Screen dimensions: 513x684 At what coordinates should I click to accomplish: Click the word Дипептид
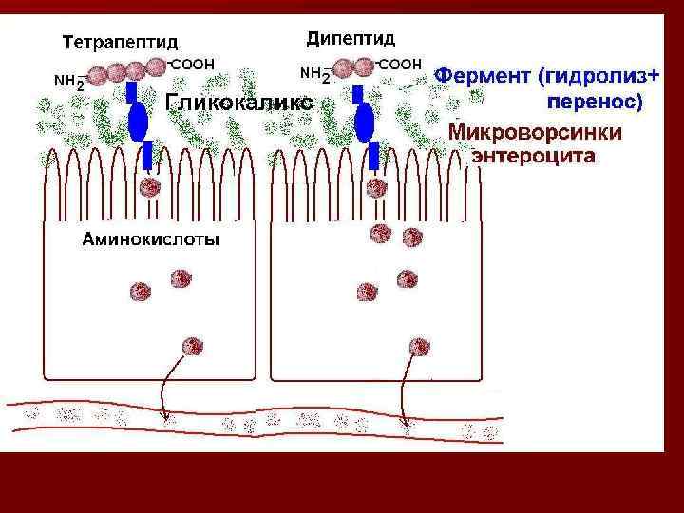click(x=351, y=39)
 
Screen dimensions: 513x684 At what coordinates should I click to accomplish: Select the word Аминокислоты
click(x=150, y=239)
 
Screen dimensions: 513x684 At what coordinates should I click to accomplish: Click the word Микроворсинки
click(x=536, y=132)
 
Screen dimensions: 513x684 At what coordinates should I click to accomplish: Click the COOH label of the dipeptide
click(x=400, y=64)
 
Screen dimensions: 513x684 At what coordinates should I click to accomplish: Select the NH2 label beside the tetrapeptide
click(x=70, y=82)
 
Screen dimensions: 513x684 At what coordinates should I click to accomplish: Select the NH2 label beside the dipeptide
click(x=313, y=74)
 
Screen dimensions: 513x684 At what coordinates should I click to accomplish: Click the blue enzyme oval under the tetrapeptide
click(x=139, y=121)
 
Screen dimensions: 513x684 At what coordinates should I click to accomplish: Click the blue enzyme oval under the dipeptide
click(x=365, y=122)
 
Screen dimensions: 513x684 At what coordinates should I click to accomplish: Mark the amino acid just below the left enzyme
click(x=147, y=186)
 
